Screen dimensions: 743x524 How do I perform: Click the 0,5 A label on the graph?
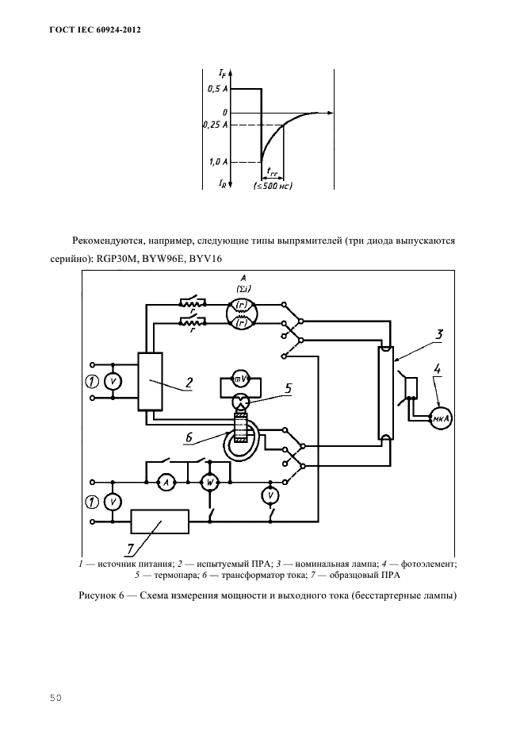pos(217,89)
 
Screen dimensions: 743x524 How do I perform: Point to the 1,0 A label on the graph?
pos(218,161)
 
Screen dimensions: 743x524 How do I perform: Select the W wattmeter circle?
pos(210,482)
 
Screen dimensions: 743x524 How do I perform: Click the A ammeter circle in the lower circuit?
pos(165,482)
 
